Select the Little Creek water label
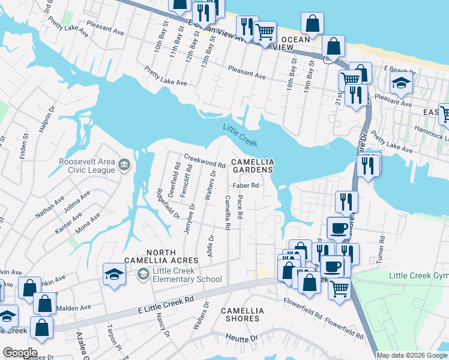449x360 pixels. pyautogui.click(x=240, y=135)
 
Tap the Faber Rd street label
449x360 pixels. pyautogui.click(x=247, y=185)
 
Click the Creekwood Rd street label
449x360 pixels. pyautogui.click(x=204, y=160)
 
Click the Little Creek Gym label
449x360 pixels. pyautogui.click(x=418, y=275)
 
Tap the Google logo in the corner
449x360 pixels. pyautogui.click(x=19, y=352)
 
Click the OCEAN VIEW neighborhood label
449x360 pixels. pyautogui.click(x=295, y=43)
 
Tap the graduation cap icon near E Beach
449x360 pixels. pyautogui.click(x=401, y=85)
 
